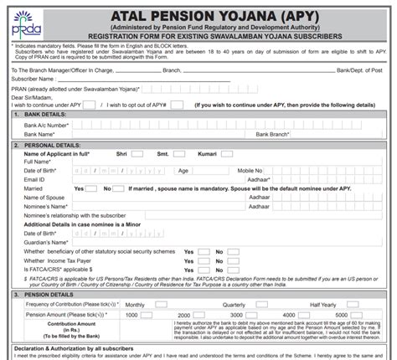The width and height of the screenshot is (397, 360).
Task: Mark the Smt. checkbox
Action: (x=200, y=154)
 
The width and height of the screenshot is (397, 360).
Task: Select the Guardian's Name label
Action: (x=48, y=241)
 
